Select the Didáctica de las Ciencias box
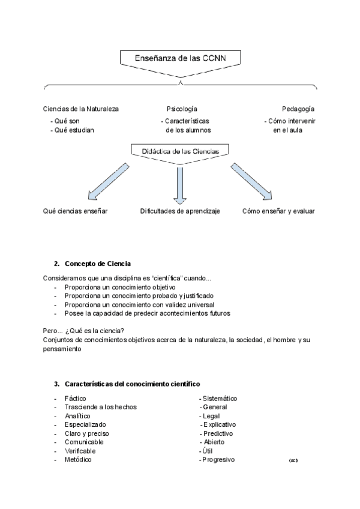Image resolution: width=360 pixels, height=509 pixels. [179, 152]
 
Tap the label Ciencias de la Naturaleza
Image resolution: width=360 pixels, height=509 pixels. [81, 109]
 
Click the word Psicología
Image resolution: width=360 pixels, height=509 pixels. [182, 109]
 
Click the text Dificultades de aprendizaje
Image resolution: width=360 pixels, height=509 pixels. [180, 211]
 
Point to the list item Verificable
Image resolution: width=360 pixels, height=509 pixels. [80, 451]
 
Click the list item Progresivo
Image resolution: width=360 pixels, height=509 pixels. [218, 460]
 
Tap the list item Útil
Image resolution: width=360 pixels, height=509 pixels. [206, 451]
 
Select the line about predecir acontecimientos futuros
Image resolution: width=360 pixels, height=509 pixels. [147, 313]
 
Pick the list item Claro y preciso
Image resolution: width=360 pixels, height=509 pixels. [86, 433]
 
